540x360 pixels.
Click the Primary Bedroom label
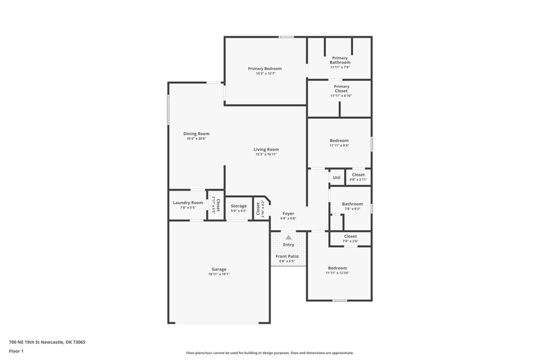265,68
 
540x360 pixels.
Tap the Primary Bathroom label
340,60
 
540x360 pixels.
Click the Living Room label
266,149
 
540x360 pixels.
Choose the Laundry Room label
188,203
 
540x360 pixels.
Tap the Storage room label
238,206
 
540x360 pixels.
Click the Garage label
219,269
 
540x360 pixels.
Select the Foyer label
288,213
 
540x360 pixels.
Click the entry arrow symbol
288,237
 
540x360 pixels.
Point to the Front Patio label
288,257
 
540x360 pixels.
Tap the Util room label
336,178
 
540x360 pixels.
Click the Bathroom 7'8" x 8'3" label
352,203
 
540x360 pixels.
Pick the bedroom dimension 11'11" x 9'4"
340,145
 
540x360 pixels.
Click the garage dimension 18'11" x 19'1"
219,274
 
